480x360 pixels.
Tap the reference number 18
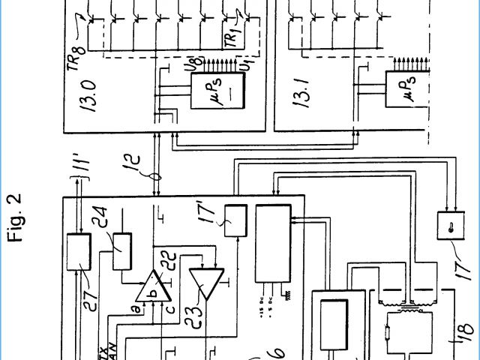click(463, 328)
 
